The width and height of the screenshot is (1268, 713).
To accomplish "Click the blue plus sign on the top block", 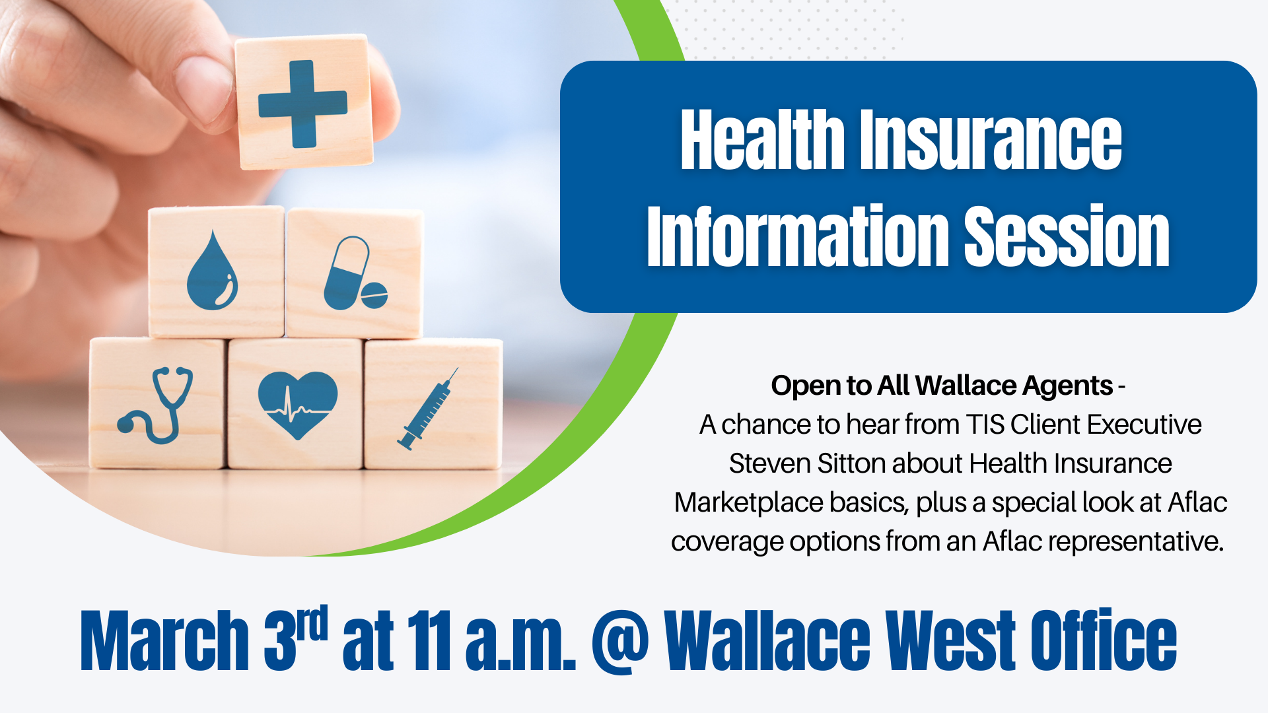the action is [302, 104].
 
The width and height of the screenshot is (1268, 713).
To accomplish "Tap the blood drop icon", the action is [212, 271].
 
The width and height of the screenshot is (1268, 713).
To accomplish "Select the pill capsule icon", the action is [355, 273].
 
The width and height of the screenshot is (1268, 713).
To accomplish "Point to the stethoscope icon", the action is [156, 405].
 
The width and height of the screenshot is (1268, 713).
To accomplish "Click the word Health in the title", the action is [762, 140].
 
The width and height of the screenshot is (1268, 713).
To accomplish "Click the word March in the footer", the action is [164, 640].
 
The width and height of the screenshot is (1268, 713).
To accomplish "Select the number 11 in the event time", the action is [430, 640].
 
